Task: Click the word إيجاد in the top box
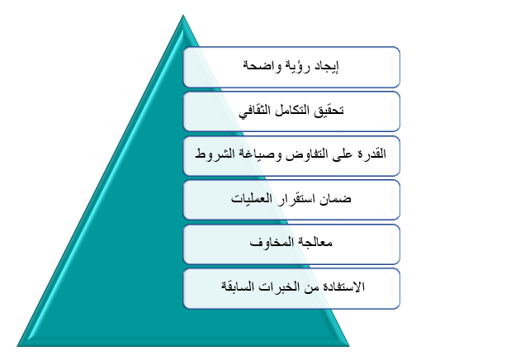326,67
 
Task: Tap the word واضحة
262,66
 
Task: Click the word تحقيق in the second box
329,111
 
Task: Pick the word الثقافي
255,111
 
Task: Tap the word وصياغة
259,154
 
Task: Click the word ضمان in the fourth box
335,198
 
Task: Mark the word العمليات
252,197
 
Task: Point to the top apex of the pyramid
183,15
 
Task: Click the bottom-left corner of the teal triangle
17,346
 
